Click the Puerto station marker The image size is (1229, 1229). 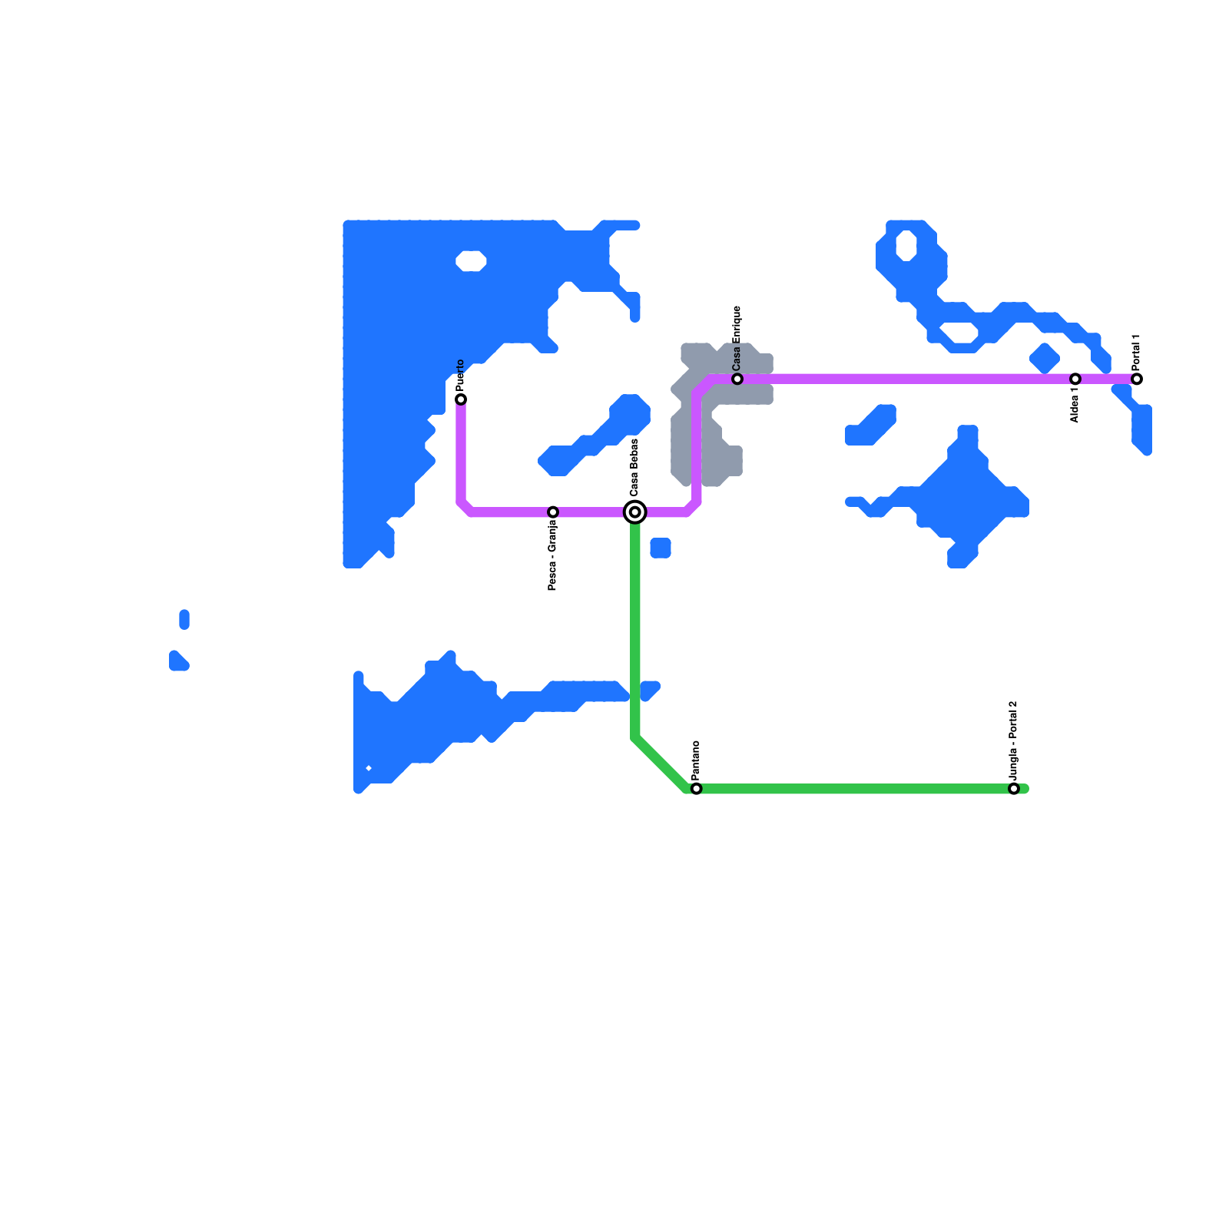coord(461,399)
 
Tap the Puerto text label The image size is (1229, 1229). coord(461,375)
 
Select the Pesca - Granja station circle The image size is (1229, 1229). coord(553,512)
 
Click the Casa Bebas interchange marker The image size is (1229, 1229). coord(635,512)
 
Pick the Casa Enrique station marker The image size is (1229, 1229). coord(737,379)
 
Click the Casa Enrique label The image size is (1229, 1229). coord(737,336)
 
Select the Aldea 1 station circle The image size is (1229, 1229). coord(1075,379)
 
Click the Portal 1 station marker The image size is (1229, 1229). coord(1137,379)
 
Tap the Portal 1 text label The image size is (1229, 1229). coord(1137,353)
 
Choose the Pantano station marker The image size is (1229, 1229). coord(697,789)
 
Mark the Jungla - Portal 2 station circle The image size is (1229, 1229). coord(1014,789)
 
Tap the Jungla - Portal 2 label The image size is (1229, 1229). coord(1014,740)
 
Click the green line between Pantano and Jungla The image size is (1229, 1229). coord(853,789)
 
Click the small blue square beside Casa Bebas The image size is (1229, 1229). coord(661,548)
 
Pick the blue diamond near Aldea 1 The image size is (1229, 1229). coord(1045,358)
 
